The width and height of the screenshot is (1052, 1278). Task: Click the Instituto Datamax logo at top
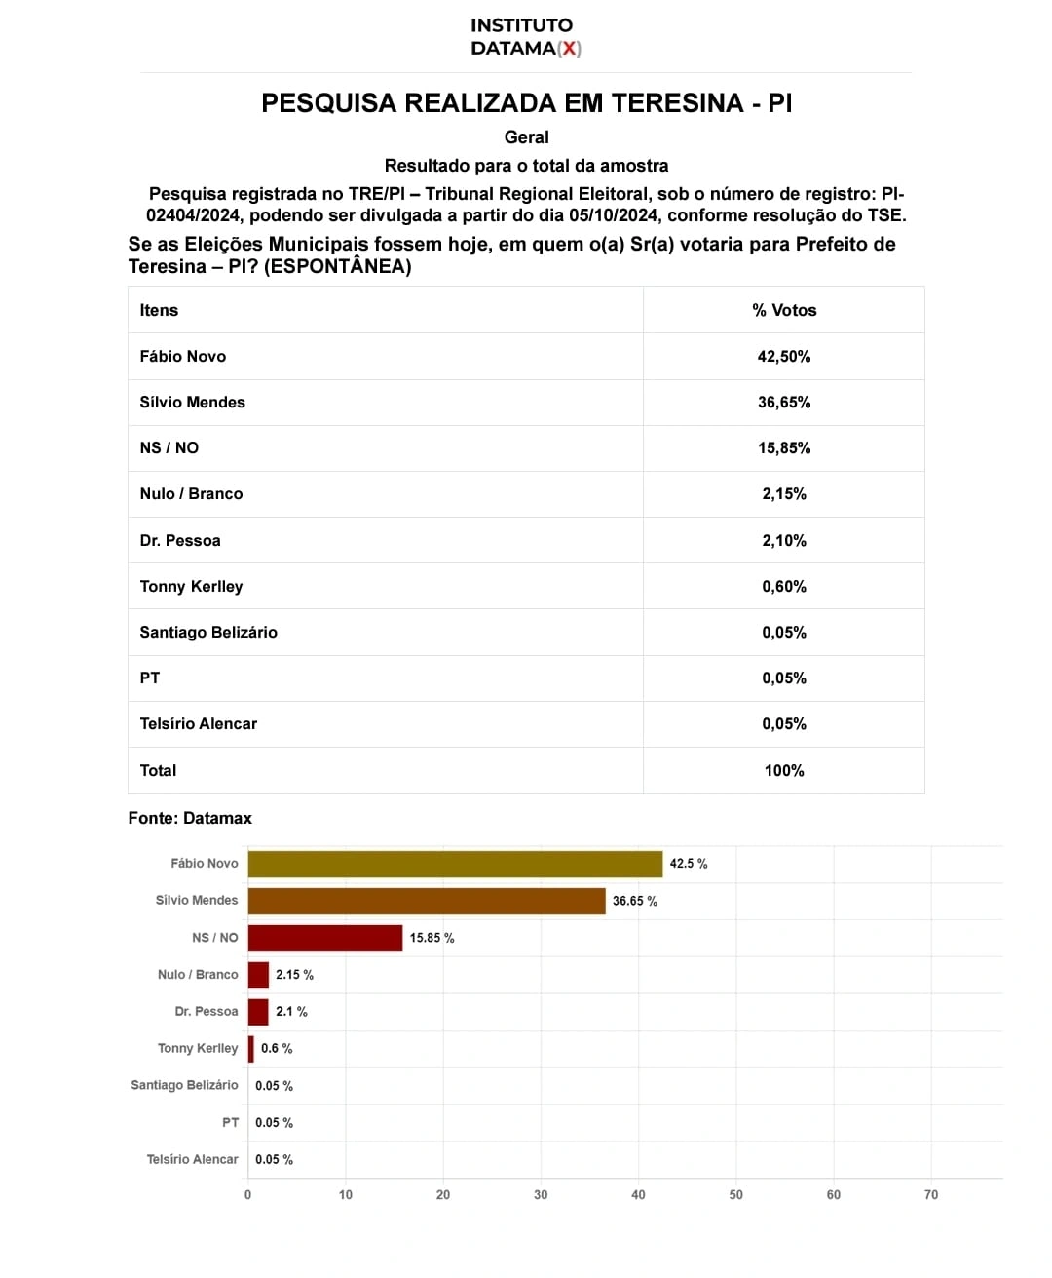[x=525, y=37]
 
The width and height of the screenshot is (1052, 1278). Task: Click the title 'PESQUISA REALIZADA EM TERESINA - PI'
[x=526, y=103]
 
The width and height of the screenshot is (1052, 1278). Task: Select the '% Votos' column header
[x=784, y=310]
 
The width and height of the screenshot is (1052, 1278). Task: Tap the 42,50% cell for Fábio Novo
[x=784, y=357]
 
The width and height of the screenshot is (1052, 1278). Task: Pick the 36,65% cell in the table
[x=784, y=403]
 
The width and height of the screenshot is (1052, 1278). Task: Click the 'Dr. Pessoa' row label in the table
[x=180, y=541]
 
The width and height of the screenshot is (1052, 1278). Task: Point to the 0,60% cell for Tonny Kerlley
[x=784, y=587]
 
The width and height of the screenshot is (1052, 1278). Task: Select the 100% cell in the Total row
[x=784, y=771]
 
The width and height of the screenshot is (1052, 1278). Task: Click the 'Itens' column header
[x=159, y=310]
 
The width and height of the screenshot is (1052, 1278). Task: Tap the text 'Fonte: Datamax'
[x=190, y=818]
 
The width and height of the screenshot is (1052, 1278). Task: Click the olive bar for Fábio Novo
[x=455, y=864]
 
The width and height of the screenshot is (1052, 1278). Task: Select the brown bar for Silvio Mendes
[x=427, y=901]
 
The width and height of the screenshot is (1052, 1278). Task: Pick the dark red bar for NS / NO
[x=325, y=938]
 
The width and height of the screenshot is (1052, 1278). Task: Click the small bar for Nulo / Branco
[x=258, y=975]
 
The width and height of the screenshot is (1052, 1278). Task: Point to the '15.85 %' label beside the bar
[x=432, y=938]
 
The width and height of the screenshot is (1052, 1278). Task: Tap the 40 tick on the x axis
[x=638, y=1195]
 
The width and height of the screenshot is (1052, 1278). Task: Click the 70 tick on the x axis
[x=931, y=1195]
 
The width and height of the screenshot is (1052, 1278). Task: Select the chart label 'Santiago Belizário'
[x=184, y=1085]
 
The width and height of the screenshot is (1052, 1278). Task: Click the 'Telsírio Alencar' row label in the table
[x=199, y=724]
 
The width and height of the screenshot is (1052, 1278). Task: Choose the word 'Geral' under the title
[x=526, y=137]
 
